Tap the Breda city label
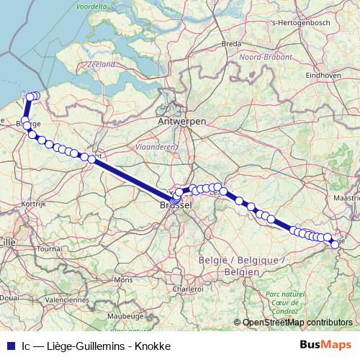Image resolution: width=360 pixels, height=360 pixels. (x=231, y=44)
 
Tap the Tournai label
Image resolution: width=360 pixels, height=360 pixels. (x=50, y=248)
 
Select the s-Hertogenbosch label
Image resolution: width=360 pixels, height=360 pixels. (x=296, y=22)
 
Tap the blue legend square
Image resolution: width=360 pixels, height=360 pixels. (x=11, y=346)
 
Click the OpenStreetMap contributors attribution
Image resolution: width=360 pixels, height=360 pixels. (x=297, y=322)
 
